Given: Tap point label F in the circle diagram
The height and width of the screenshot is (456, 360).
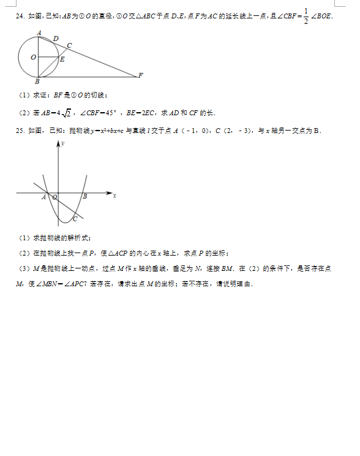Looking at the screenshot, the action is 140,75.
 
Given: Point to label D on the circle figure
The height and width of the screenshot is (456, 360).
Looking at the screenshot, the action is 56,39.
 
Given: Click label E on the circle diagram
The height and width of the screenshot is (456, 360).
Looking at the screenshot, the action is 62,59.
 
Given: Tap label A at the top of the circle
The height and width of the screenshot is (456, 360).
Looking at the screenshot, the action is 39,32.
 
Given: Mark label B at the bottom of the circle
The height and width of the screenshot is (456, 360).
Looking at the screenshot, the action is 37,82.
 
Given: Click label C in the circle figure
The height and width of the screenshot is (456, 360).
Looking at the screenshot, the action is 69,45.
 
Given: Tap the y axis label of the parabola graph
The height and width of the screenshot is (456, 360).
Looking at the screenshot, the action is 62,143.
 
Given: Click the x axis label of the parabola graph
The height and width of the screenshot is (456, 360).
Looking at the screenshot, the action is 114,196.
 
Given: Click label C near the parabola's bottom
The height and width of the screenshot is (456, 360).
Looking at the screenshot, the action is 75,218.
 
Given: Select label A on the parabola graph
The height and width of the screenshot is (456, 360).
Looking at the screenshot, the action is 44,197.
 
